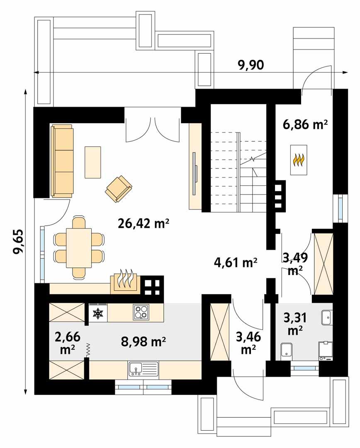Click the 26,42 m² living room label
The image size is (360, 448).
(144, 224)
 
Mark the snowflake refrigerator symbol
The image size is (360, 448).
(97, 314)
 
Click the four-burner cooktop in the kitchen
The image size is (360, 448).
(141, 312)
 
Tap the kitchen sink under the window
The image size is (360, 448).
(143, 368)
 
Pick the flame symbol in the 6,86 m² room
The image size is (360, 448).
(299, 160)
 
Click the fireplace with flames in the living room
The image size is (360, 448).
(125, 282)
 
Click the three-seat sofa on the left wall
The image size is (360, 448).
(62, 161)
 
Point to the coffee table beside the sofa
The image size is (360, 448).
(93, 162)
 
